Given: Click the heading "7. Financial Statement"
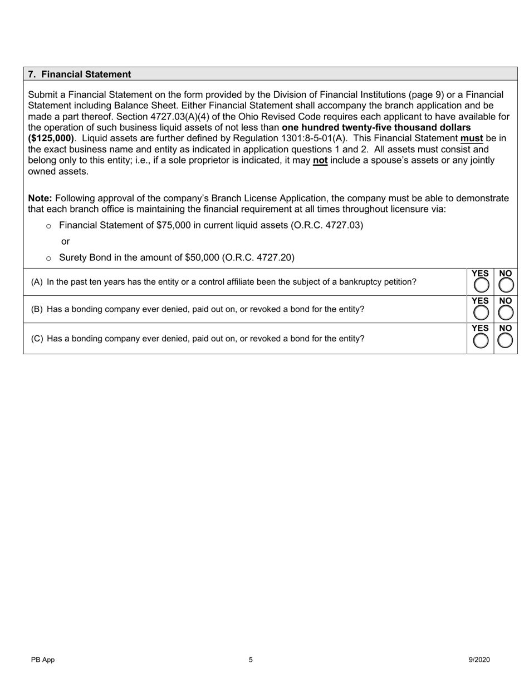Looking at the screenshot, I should pyautogui.click(x=80, y=75).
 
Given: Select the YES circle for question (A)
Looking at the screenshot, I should pyautogui.click(x=480, y=285).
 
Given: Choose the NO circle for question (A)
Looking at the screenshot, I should pyautogui.click(x=505, y=285).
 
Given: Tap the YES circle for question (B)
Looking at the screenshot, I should pyautogui.click(x=480, y=313).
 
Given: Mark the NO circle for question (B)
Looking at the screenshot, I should pyautogui.click(x=505, y=313).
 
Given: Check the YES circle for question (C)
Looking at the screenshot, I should pyautogui.click(x=480, y=341).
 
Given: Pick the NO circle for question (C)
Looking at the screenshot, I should pyautogui.click(x=505, y=341).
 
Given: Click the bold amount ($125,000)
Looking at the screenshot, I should pyautogui.click(x=51, y=138).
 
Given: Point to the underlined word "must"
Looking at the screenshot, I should pyautogui.click(x=471, y=138).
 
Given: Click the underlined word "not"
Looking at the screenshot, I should pyautogui.click(x=320, y=160).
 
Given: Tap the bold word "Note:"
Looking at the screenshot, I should pyautogui.click(x=40, y=199).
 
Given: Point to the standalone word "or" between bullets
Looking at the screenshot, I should pyautogui.click(x=65, y=241).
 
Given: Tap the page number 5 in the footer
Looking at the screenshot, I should pyautogui.click(x=251, y=660).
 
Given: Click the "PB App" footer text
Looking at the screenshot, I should pyautogui.click(x=43, y=660).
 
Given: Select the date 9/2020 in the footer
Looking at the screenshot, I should pyautogui.click(x=479, y=660).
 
